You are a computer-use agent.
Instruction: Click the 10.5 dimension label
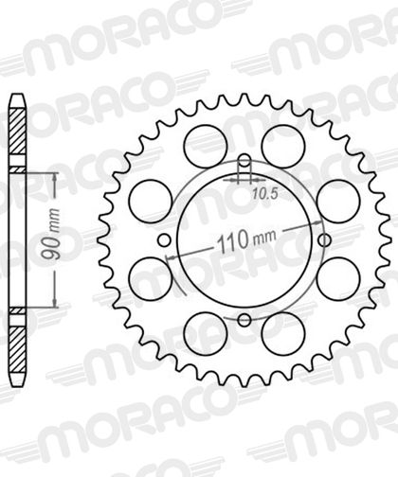(x=265, y=194)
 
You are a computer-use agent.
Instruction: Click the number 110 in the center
(x=233, y=241)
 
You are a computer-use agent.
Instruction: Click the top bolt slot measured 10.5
(x=244, y=167)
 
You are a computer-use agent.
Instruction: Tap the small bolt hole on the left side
(x=164, y=240)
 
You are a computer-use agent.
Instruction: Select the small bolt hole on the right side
(x=324, y=240)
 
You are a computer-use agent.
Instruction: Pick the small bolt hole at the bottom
(x=244, y=320)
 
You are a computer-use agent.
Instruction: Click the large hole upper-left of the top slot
(x=206, y=146)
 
